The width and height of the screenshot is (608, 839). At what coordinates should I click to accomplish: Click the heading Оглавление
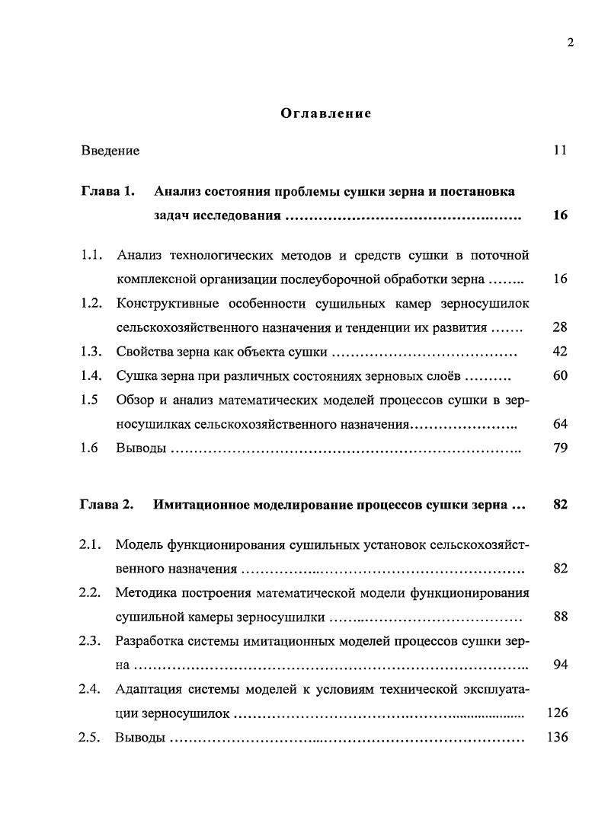pyautogui.click(x=325, y=113)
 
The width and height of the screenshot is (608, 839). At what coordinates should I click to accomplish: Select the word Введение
pyautogui.click(x=110, y=151)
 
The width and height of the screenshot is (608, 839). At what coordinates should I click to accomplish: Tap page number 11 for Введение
pyautogui.click(x=560, y=151)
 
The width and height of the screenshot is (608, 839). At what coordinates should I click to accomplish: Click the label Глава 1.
pyautogui.click(x=107, y=191)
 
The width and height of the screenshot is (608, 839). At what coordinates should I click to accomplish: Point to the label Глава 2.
pyautogui.click(x=107, y=504)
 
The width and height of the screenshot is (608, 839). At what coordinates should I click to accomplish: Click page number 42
pyautogui.click(x=560, y=352)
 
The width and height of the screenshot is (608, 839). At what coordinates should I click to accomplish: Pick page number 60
pyautogui.click(x=560, y=376)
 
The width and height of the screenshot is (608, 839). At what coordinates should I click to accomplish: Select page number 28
pyautogui.click(x=560, y=327)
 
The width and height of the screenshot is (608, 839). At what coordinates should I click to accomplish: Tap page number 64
pyautogui.click(x=560, y=424)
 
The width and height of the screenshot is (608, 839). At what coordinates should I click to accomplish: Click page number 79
pyautogui.click(x=560, y=448)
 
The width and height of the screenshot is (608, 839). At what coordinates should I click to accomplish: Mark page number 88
pyautogui.click(x=560, y=617)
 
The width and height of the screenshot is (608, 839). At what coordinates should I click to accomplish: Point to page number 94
pyautogui.click(x=560, y=665)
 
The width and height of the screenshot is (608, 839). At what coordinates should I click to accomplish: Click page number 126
pyautogui.click(x=558, y=713)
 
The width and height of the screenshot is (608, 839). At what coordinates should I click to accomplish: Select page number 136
pyautogui.click(x=558, y=738)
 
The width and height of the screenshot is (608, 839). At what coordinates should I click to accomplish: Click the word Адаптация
pyautogui.click(x=149, y=690)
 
